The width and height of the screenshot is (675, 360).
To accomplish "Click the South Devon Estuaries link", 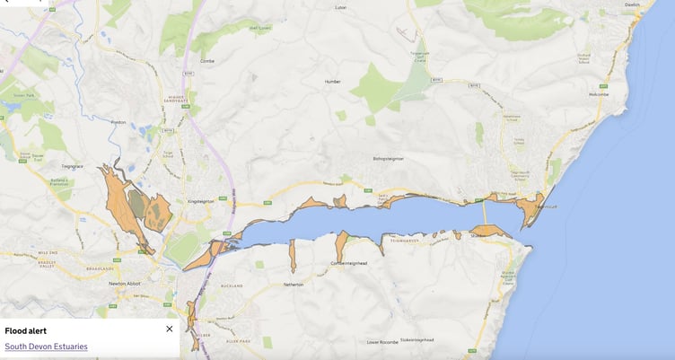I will (46, 347).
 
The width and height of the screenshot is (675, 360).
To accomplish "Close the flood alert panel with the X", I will (170, 329).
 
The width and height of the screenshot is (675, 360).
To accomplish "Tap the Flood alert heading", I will (25, 330).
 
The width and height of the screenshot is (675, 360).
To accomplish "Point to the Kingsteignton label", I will (200, 201).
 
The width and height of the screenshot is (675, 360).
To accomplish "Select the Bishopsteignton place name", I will (389, 159).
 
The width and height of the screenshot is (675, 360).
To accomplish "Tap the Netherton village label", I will (294, 285).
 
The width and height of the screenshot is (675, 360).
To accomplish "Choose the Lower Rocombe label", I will (381, 342).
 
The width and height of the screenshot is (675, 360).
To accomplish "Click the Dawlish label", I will (634, 4).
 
